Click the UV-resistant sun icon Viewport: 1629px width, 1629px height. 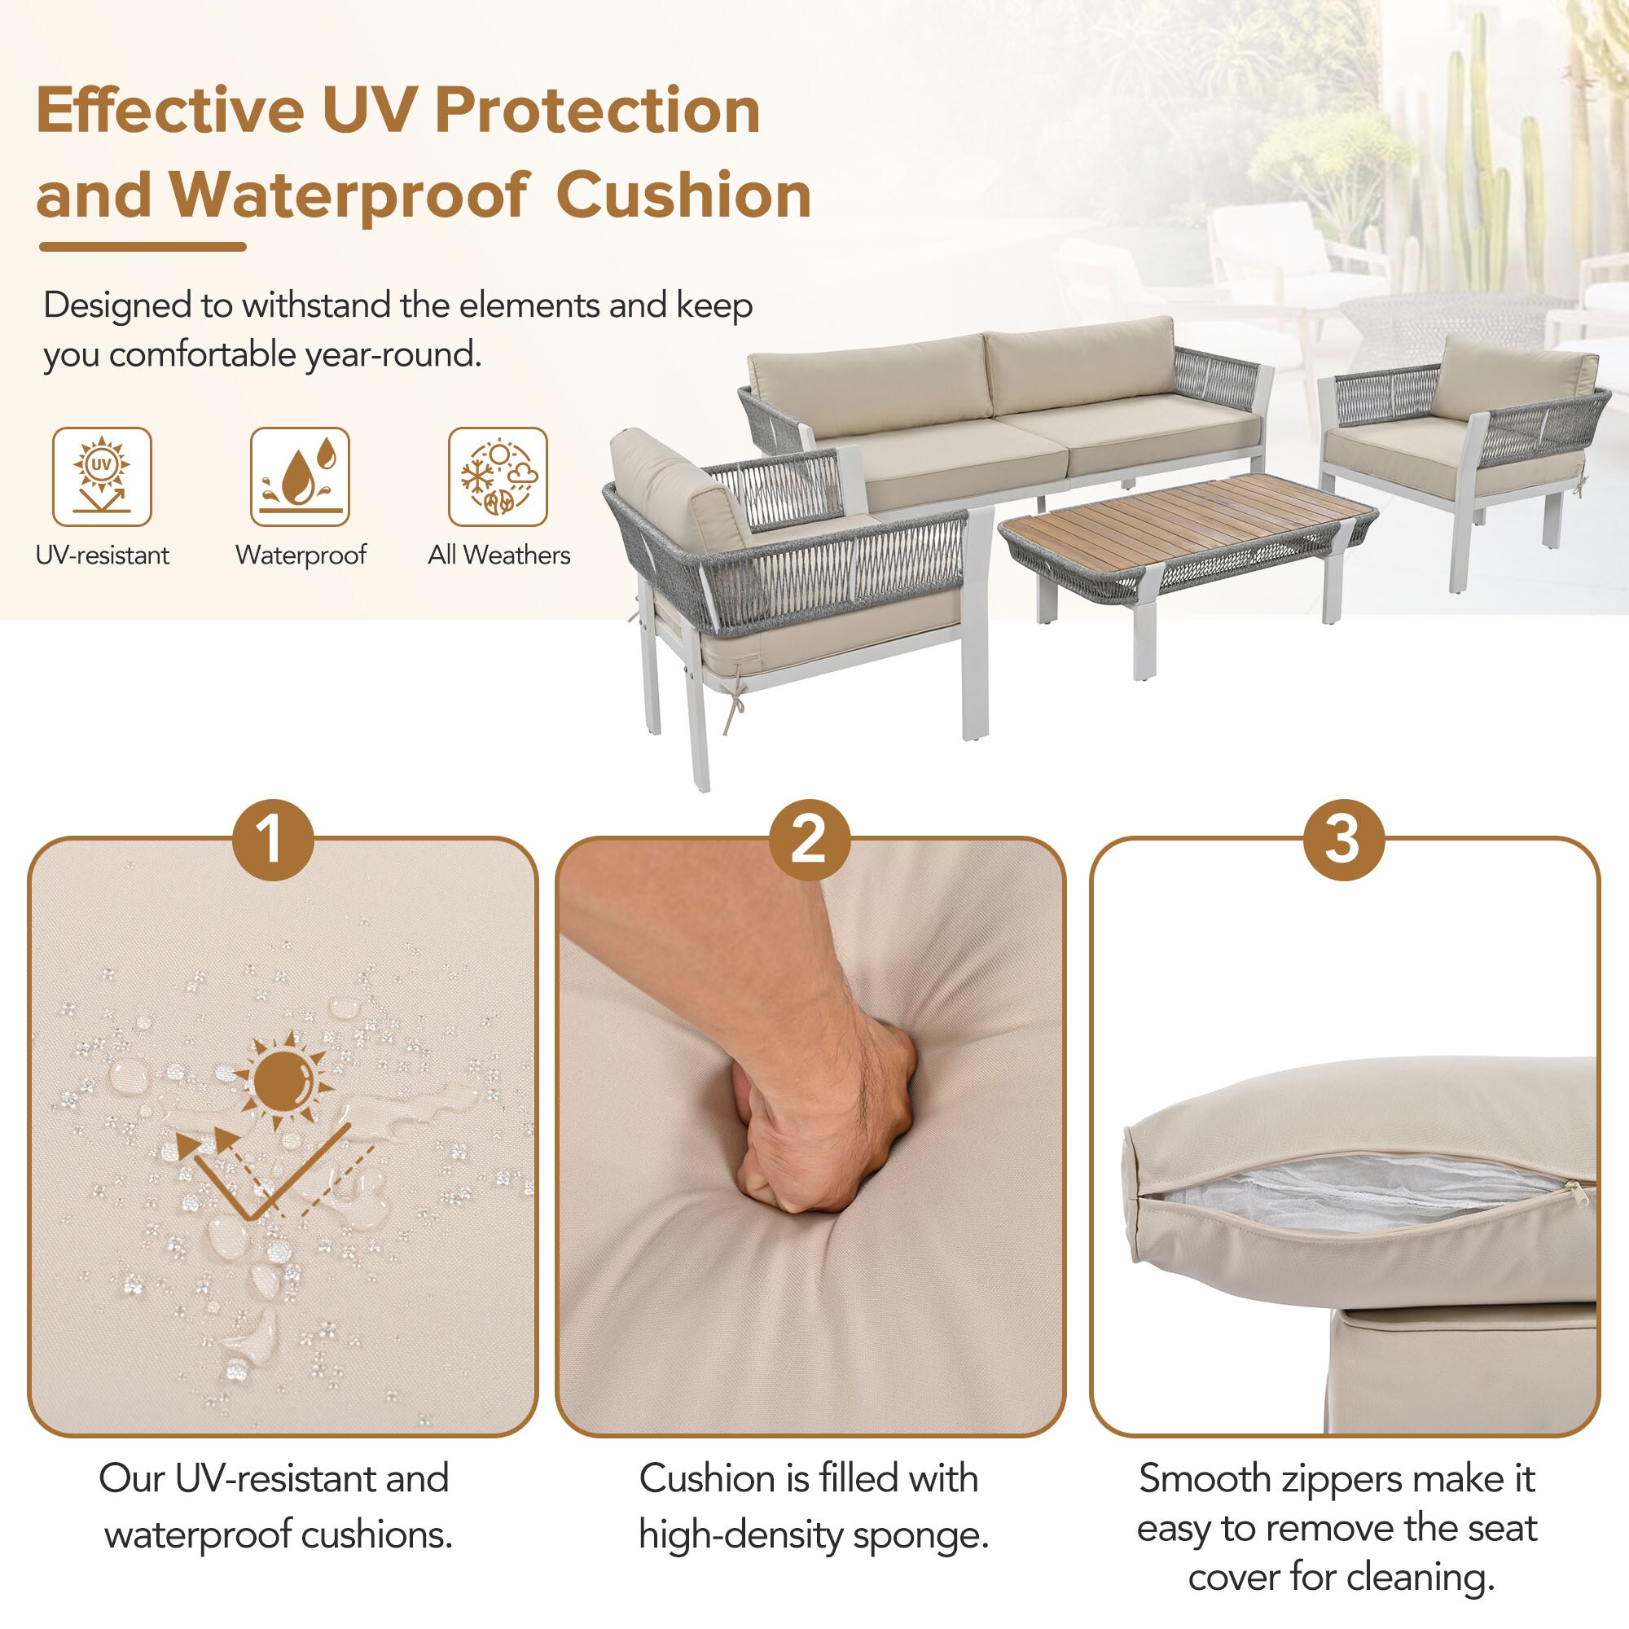tap(102, 476)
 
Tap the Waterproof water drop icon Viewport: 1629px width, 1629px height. tap(301, 476)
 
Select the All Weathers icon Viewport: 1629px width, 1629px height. tap(498, 476)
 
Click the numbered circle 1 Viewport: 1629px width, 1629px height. tap(273, 840)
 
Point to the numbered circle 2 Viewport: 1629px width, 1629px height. tap(810, 840)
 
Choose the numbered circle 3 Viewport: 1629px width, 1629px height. tap(1344, 840)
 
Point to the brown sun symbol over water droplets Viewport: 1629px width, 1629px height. tap(283, 1080)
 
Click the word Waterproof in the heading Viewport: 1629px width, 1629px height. tap(349, 195)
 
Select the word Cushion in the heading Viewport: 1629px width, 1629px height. tap(684, 195)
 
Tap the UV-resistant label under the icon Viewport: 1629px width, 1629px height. tap(102, 555)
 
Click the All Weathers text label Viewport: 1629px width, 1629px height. tap(499, 555)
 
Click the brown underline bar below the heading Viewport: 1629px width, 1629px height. tap(143, 246)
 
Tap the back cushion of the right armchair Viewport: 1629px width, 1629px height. tap(1515, 377)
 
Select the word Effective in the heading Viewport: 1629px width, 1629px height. tap(170, 111)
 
